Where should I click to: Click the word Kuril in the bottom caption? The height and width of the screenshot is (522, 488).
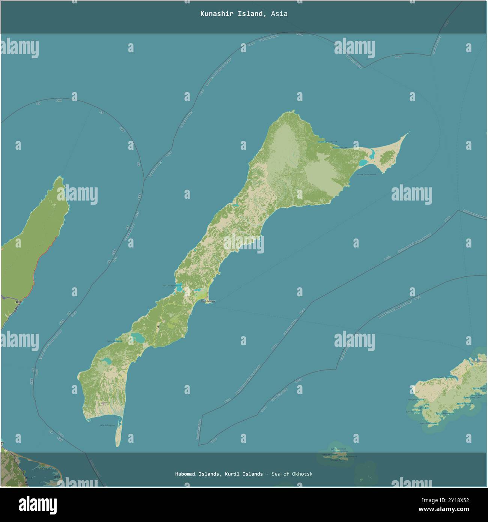pos(232,474)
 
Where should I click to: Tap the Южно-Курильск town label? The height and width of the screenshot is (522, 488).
pos(208,301)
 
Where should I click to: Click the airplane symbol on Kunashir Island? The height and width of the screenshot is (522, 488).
pos(158,326)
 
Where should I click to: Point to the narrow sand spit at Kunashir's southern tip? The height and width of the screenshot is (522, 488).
pos(118,436)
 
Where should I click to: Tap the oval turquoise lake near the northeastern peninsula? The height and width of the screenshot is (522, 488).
pos(363,163)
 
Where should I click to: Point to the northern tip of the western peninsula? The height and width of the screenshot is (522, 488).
pos(59,178)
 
